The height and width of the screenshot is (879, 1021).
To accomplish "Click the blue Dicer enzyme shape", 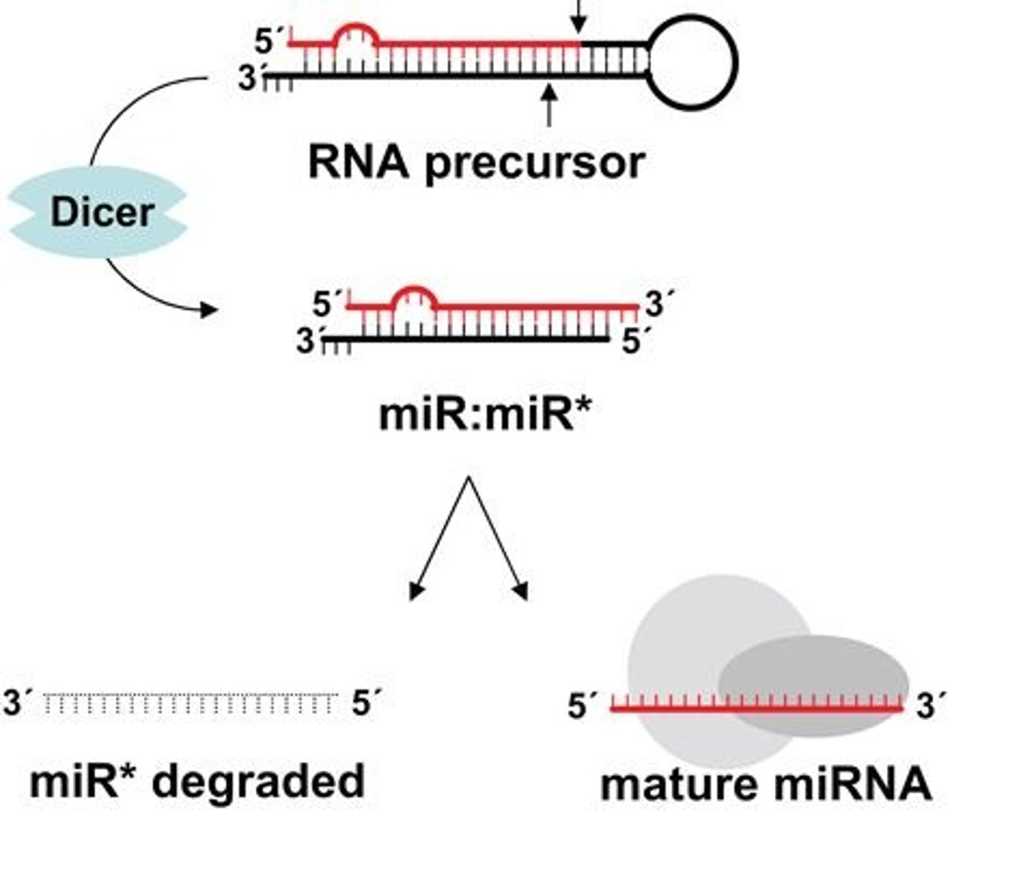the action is coord(98,212).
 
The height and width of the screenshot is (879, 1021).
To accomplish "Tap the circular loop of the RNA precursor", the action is coord(736,63).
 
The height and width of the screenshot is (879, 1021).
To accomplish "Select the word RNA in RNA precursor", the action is coord(359,162).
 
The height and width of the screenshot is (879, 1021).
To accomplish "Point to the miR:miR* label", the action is coord(485,415).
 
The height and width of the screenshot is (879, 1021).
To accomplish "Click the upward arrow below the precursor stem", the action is coord(549,105).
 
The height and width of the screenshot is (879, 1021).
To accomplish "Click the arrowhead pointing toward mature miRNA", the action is coord(521,591).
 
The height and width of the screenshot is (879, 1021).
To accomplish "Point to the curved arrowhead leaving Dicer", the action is coord(209,310).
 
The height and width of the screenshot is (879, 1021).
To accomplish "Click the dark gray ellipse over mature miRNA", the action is coord(813,686).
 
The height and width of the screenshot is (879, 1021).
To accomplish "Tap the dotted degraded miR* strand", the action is coord(190,703).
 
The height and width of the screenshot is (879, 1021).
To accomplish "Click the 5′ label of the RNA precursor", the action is coord(270,40).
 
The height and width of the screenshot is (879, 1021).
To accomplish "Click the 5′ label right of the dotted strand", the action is coord(367,702).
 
